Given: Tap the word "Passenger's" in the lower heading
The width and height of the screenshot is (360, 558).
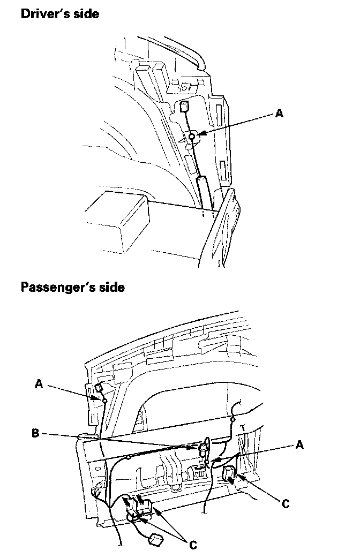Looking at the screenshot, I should click(59, 287).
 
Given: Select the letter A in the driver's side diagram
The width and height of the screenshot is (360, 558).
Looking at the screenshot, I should click(279, 113).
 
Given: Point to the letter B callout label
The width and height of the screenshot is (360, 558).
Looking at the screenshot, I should click(35, 433).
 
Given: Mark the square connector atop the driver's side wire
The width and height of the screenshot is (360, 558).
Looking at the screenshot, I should click(183, 107).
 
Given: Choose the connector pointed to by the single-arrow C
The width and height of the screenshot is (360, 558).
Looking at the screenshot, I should click(228, 474).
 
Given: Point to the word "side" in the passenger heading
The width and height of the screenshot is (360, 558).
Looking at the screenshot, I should click(112, 287).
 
